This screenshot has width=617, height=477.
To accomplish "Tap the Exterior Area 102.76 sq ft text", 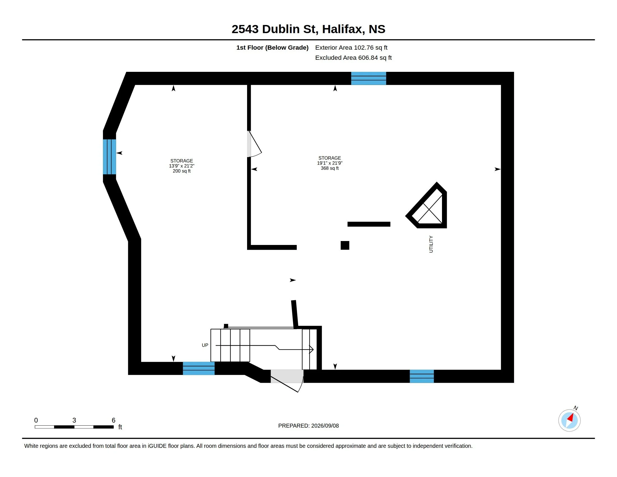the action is (351, 47).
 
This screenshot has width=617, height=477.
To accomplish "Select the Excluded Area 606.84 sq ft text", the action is (353, 58).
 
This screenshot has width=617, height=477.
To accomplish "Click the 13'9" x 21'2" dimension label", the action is (182, 166).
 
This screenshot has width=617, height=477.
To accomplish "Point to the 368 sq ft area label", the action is (330, 168).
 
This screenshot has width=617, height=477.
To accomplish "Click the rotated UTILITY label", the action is (431, 244).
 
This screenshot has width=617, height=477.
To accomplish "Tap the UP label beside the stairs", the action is (205, 345).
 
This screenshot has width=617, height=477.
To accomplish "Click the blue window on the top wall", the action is (369, 78).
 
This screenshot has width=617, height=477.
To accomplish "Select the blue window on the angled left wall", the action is (109, 157).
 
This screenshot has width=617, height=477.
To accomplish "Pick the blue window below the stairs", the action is (199, 368).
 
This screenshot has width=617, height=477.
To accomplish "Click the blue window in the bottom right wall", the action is (422, 376).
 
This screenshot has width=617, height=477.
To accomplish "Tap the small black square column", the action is (345, 245).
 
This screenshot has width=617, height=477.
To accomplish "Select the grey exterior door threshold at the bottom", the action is (287, 376).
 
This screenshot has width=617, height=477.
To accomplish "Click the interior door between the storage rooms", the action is (254, 144).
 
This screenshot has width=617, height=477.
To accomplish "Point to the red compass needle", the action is (571, 418).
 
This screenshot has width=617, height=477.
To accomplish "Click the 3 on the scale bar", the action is (74, 420).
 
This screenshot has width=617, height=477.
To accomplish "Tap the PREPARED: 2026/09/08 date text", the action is (308, 426).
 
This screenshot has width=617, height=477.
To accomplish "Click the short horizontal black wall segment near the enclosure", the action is (369, 224).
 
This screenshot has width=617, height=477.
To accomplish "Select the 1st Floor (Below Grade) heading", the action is (272, 47).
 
